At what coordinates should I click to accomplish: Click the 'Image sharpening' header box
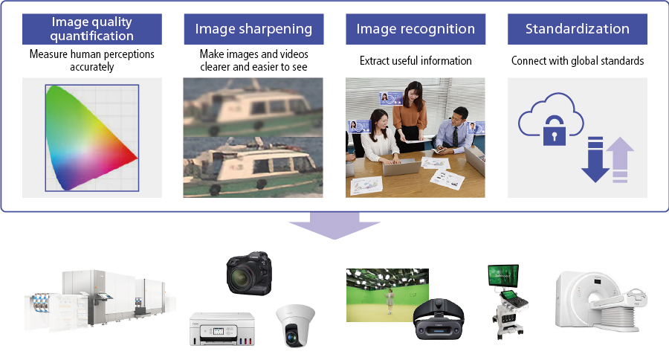253,29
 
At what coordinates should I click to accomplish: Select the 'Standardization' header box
578,29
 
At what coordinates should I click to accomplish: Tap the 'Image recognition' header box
416,29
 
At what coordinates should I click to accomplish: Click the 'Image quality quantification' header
91,29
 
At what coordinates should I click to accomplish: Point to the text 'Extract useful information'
416,61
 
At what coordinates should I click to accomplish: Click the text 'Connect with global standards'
578,61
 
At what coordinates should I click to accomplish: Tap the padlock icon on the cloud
555,131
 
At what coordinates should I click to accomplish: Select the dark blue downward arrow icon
595,159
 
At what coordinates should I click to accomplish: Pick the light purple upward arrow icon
620,160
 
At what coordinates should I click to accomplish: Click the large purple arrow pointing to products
334,225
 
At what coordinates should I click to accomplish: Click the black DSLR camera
249,273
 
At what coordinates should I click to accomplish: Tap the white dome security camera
295,325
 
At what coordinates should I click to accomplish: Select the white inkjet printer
222,329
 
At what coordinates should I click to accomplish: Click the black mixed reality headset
439,318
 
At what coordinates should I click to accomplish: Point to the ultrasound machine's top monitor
503,276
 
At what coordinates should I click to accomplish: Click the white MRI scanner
601,301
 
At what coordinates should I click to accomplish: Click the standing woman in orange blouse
410,115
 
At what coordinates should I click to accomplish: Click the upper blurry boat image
253,107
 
